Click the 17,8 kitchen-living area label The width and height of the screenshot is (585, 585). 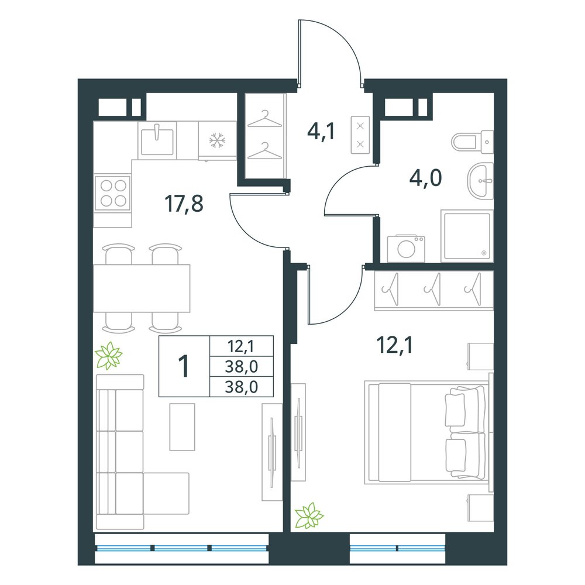[184, 204]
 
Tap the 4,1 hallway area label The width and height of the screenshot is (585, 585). [321, 131]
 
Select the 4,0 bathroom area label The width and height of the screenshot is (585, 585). [426, 178]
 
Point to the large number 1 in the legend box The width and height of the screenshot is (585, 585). [184, 366]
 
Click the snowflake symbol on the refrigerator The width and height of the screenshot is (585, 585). [217, 140]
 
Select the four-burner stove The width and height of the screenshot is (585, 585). [113, 193]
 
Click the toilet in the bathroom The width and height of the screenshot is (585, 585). [472, 142]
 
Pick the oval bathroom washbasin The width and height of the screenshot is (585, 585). [480, 181]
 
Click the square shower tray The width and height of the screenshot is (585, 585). [467, 236]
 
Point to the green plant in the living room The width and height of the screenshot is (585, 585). [109, 356]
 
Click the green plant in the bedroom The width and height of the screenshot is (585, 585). [309, 515]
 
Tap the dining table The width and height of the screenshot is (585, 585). [142, 288]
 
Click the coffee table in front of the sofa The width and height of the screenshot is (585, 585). [183, 427]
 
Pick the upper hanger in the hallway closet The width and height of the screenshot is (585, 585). [264, 119]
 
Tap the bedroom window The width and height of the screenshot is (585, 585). [397, 548]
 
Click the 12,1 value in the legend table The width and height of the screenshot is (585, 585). [241, 346]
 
